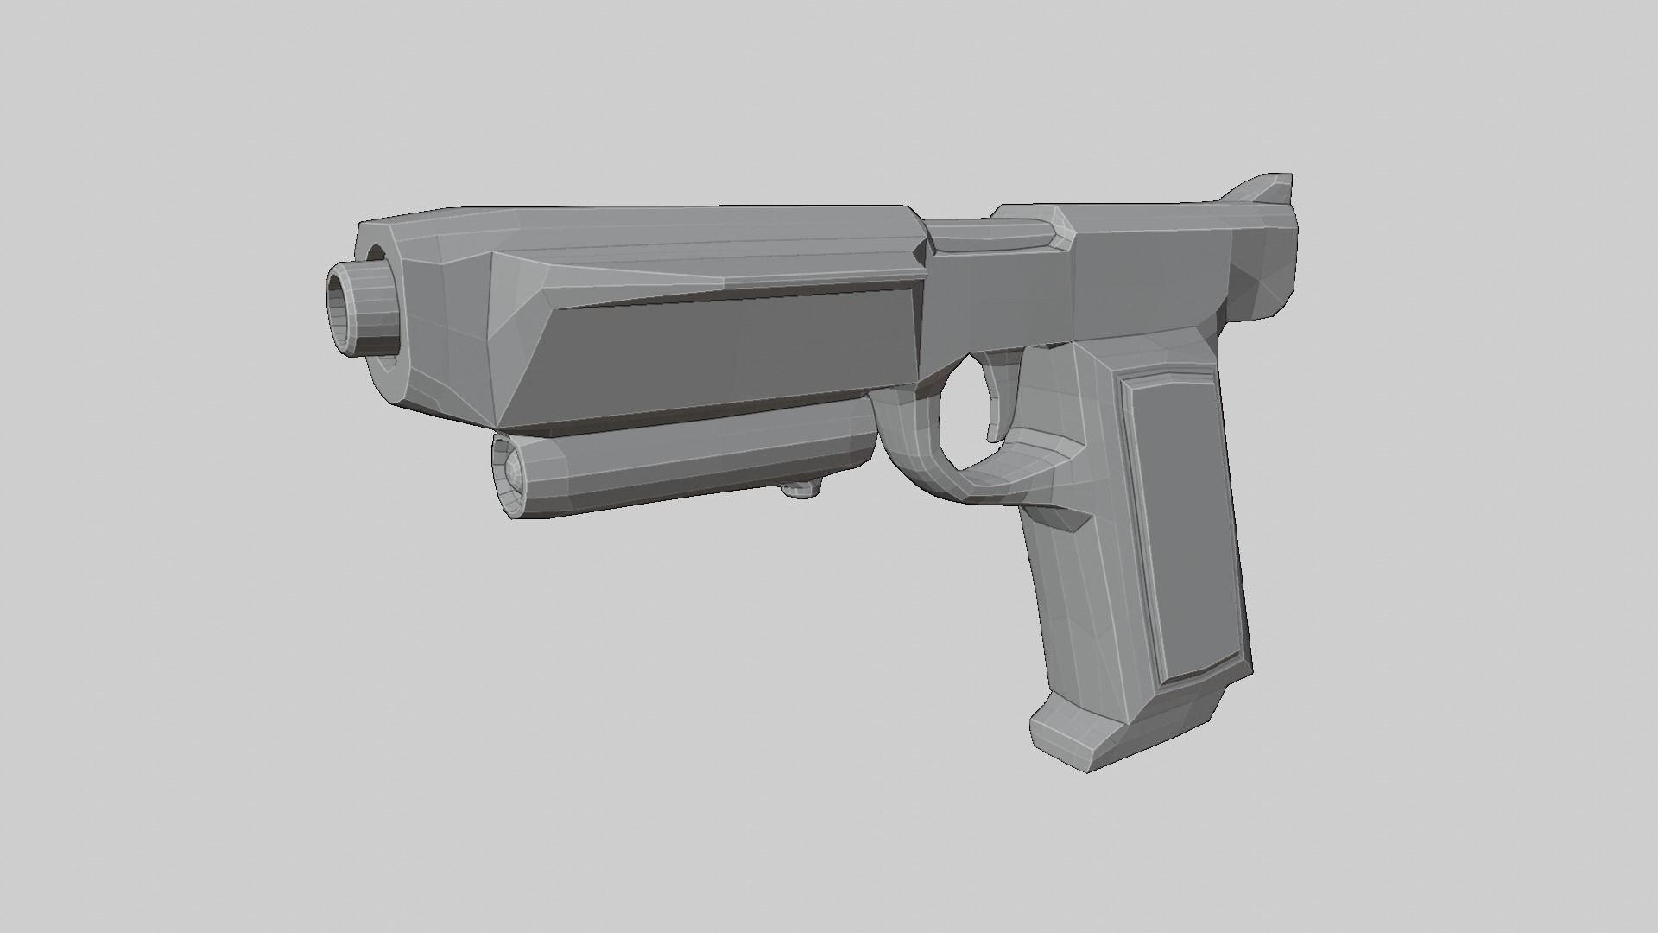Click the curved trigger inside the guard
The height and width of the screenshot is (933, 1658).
(x=1002, y=389)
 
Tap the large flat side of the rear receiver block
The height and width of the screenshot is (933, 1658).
(x=1149, y=276)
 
